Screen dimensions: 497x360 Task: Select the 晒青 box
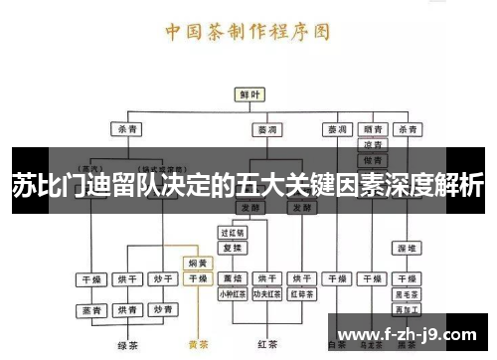tap(373, 129)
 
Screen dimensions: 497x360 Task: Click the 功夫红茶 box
tap(266, 293)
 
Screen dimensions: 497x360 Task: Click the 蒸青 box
tap(90, 310)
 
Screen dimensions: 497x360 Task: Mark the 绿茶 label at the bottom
tap(126, 345)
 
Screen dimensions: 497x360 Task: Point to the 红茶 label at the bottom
tap(265, 345)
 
